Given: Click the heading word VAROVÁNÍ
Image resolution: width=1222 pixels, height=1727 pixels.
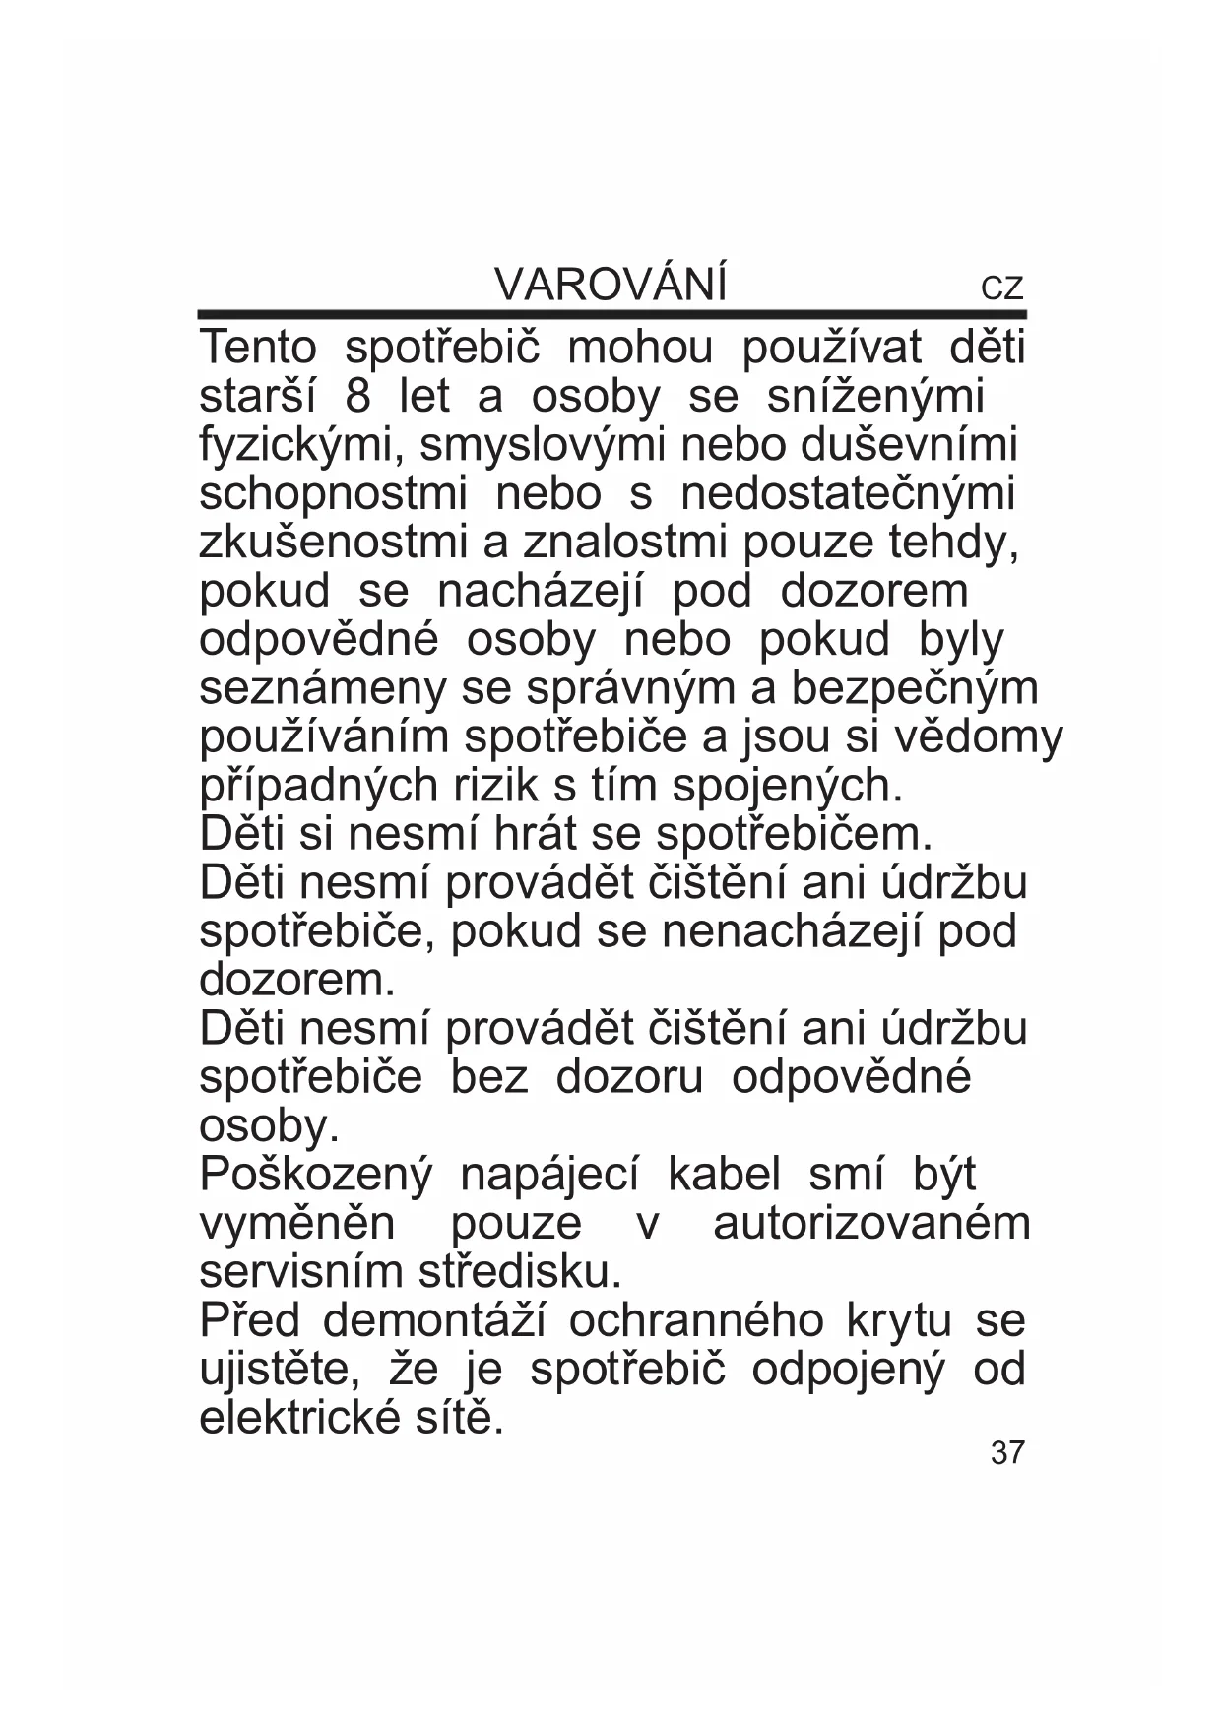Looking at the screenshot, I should point(611,286).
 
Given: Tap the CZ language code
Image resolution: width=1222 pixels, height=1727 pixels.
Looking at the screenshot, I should point(1002,288).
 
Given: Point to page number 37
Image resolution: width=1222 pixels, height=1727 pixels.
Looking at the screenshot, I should point(1007,1452).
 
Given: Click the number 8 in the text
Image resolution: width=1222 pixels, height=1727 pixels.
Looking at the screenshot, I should point(359,397).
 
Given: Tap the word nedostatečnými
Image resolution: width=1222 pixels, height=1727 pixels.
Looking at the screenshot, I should point(847,494).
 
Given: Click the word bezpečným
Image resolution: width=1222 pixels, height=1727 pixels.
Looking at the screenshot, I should point(915,688).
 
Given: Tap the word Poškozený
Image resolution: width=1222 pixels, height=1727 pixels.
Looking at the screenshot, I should point(316,1176).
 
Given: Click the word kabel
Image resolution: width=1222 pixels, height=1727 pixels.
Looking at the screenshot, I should point(724,1175).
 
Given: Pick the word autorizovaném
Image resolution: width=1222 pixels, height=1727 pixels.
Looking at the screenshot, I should point(871,1224).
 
